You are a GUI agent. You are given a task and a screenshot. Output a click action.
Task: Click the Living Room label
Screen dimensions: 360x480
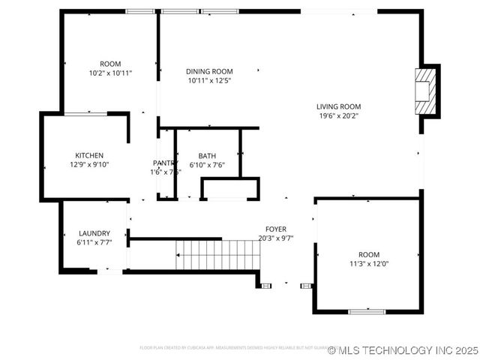click(338, 106)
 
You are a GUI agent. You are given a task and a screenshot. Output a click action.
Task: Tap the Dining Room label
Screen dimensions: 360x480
click(209, 71)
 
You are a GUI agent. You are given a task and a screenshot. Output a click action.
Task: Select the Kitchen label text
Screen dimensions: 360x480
click(88, 155)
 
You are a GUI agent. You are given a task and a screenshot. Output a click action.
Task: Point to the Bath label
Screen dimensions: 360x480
click(207, 156)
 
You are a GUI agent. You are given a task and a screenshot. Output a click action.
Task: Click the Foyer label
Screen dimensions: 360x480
click(275, 229)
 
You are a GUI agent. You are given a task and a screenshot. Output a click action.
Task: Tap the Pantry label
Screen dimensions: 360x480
click(164, 163)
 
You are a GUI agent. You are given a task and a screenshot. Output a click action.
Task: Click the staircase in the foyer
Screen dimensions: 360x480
click(217, 255)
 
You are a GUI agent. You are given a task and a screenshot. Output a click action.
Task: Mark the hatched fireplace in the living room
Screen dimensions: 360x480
click(425, 91)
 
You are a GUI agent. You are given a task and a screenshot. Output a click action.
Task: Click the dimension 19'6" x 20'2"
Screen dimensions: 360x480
click(338, 115)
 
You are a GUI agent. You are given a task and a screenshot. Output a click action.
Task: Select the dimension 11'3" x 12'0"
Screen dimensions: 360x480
click(367, 263)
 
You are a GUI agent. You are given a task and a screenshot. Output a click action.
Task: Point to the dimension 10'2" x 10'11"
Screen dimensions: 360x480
click(110, 73)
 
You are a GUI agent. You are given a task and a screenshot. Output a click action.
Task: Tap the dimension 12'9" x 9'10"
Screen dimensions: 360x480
click(89, 164)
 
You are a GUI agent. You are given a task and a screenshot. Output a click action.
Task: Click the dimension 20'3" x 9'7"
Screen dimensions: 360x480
click(275, 238)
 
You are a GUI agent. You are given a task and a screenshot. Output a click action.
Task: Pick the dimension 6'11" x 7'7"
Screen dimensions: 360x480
click(94, 242)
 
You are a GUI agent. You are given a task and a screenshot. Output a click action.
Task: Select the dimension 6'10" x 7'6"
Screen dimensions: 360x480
click(207, 165)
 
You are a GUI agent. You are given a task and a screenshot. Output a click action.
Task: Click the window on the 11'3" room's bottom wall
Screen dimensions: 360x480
click(367, 310)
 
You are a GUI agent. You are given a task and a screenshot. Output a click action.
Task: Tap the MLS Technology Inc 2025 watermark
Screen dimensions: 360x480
click(403, 350)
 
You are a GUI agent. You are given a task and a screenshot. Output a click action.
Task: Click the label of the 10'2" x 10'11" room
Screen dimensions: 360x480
click(110, 64)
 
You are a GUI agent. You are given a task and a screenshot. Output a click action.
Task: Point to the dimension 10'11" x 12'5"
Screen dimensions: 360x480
click(209, 80)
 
